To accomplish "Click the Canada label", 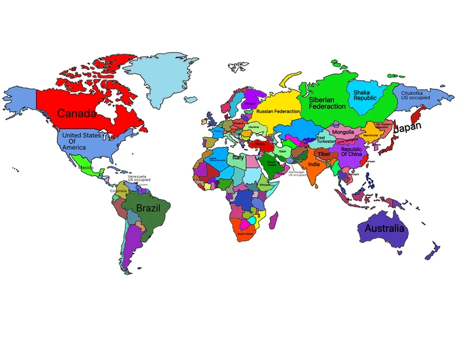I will pyautogui.click(x=77, y=113).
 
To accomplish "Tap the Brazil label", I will pyautogui.click(x=148, y=208).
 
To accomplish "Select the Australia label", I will pyautogui.click(x=384, y=228).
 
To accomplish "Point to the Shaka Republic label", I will pyautogui.click(x=365, y=95).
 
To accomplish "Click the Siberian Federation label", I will pyautogui.click(x=327, y=102).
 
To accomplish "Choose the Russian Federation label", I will pyautogui.click(x=278, y=111).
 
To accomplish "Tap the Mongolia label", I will pyautogui.click(x=343, y=132).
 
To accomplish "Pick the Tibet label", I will pyautogui.click(x=324, y=154).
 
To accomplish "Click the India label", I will pyautogui.click(x=313, y=164).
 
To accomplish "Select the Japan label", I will pyautogui.click(x=408, y=129).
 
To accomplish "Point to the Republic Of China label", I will pyautogui.click(x=351, y=151).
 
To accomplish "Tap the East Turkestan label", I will pyautogui.click(x=325, y=140).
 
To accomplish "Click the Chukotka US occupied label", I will pyautogui.click(x=415, y=96).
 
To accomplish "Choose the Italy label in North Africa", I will pyautogui.click(x=238, y=157).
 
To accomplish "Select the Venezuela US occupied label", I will pyautogui.click(x=139, y=178).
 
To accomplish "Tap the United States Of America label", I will pyautogui.click(x=81, y=141).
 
